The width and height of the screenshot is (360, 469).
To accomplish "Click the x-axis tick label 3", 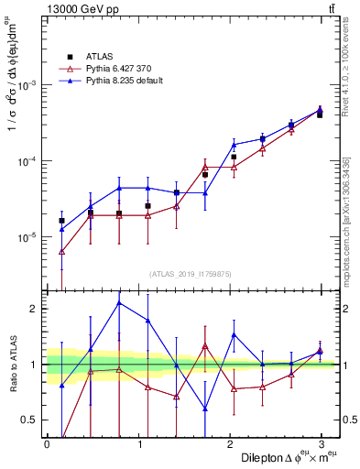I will (x=321, y=443).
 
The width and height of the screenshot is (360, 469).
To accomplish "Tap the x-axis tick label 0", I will (x=47, y=443).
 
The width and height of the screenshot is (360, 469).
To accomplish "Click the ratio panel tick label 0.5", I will (x=31, y=420).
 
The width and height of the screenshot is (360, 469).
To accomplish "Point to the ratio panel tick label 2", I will (x=35, y=309).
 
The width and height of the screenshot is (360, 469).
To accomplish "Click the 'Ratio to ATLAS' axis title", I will (x=12, y=363).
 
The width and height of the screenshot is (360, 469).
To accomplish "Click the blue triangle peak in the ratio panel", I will (x=119, y=302).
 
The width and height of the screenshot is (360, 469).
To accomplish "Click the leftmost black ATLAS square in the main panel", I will (x=61, y=221).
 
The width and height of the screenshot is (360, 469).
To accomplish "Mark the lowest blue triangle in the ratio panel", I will (x=205, y=409).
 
